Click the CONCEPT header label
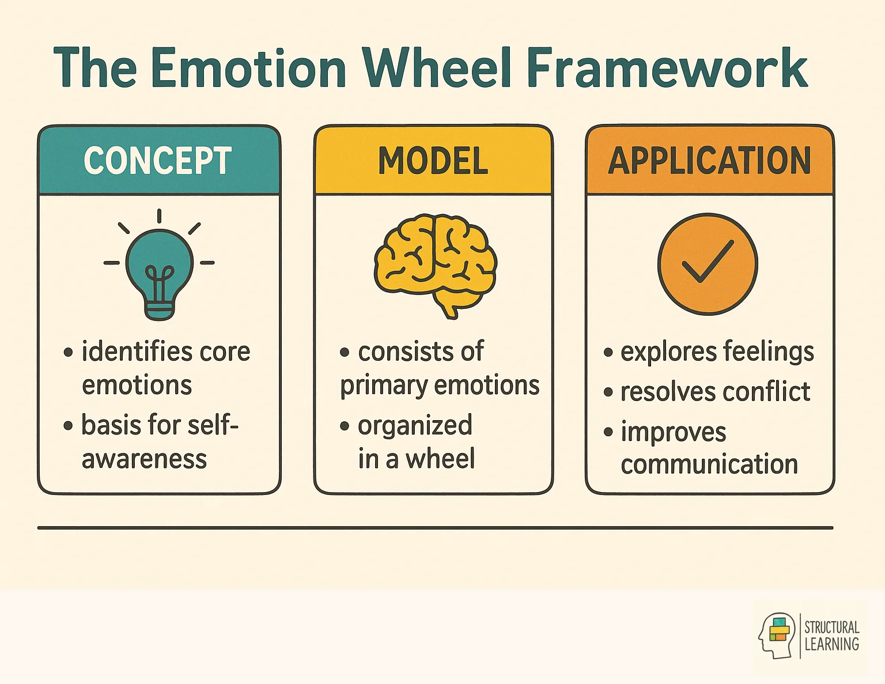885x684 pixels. coord(158,161)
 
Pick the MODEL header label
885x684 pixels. coord(433,161)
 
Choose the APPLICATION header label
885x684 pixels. coord(709,161)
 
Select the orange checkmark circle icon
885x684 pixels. coord(708,264)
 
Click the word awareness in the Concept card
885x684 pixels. coord(144,459)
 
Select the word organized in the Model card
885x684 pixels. coord(415,426)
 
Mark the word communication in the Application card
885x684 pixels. coord(709,464)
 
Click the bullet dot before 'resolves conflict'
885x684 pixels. coord(608,393)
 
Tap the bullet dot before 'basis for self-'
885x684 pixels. coord(69,426)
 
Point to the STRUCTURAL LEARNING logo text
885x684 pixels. coord(831,636)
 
